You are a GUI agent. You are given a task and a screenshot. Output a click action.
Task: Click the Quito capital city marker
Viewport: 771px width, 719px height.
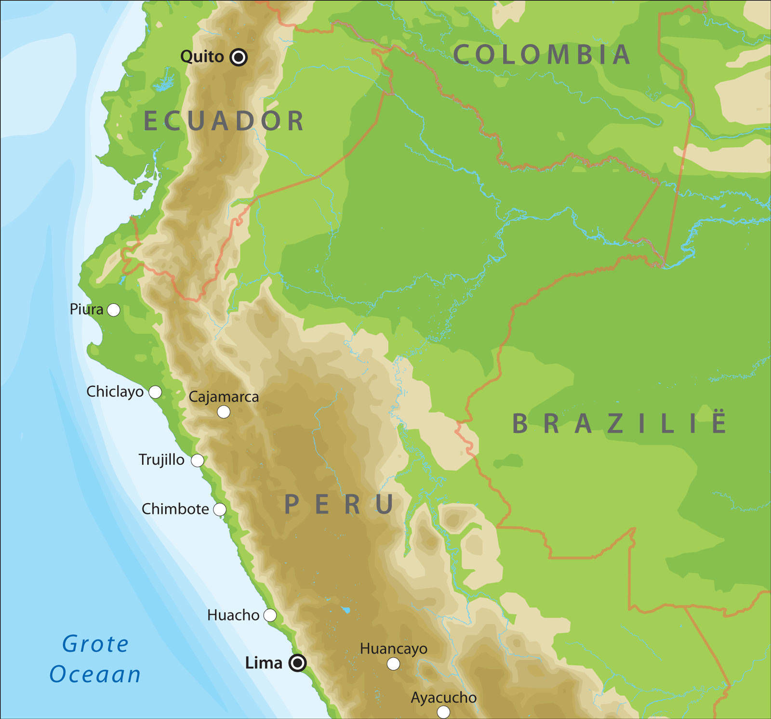coord(239,57)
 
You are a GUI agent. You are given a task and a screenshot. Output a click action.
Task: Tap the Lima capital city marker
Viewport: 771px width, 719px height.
coord(297,663)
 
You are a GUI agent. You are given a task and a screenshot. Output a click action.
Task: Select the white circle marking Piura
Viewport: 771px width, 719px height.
coord(114,310)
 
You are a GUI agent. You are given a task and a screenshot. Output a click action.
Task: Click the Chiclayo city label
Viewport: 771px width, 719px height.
coord(115,392)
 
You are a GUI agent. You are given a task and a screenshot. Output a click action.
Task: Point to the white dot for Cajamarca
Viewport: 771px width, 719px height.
coord(224,412)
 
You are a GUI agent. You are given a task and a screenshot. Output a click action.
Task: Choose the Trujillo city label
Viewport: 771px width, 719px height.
coord(161,460)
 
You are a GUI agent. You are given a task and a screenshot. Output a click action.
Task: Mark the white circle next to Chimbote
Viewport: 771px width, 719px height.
coord(220,509)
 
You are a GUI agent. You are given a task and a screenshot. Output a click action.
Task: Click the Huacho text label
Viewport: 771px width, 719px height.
coord(233,615)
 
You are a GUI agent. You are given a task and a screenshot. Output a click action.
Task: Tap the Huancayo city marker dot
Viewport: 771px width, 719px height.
coord(393,664)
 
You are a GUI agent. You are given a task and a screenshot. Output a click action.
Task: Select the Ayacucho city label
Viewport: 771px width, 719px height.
coord(443,697)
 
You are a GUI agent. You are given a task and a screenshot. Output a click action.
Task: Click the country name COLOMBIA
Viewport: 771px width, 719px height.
coord(542,54)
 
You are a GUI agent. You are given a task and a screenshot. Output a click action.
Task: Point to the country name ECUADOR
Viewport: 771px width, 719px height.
coord(224,121)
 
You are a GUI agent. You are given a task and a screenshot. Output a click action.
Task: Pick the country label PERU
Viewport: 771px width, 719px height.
coord(339,504)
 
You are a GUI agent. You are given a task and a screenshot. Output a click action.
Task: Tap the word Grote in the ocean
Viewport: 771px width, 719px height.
coord(95,644)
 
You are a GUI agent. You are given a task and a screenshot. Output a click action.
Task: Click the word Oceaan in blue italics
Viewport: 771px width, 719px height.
coord(95,674)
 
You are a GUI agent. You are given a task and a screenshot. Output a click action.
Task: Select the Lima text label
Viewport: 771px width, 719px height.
coord(264,663)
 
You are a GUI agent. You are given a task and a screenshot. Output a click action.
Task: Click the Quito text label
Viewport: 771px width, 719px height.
coord(202,57)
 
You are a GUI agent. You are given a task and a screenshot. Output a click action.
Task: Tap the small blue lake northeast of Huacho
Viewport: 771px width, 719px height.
coord(346,610)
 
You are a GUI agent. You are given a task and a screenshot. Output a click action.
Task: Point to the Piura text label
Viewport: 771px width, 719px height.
coord(86,309)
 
